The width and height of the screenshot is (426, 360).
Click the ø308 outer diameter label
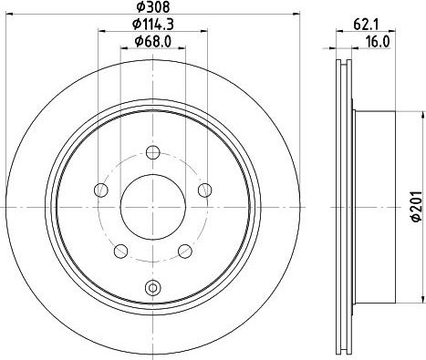pos(151,8)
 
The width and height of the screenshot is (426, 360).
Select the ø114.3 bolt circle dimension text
pos(151,26)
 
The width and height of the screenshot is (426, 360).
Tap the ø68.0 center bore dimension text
pos(151,41)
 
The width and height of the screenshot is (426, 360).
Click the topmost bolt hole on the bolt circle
pos(152,151)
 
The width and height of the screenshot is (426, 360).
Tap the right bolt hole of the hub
pos(205,190)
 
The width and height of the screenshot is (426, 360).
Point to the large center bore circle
pos(152,205)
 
